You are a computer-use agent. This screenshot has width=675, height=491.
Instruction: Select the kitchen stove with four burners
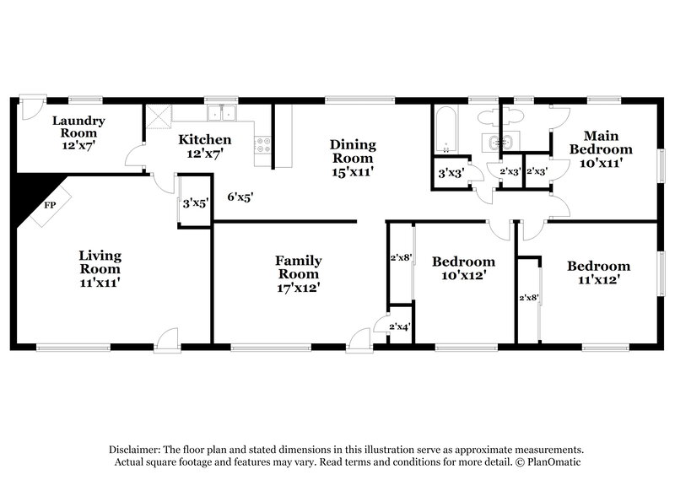click(x=262, y=144)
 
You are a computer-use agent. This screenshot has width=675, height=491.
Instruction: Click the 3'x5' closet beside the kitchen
click(x=195, y=202)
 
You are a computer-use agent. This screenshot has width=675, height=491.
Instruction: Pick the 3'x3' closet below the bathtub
click(x=449, y=173)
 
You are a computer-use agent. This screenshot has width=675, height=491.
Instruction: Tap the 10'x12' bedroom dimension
click(x=463, y=275)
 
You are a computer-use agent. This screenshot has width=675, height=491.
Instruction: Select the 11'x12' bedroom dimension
click(x=598, y=279)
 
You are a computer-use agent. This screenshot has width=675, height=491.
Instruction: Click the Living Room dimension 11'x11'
click(x=100, y=283)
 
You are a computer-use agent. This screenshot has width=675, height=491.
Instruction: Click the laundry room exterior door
click(x=31, y=106)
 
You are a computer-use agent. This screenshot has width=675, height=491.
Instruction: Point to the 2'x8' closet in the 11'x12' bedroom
click(x=528, y=297)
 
